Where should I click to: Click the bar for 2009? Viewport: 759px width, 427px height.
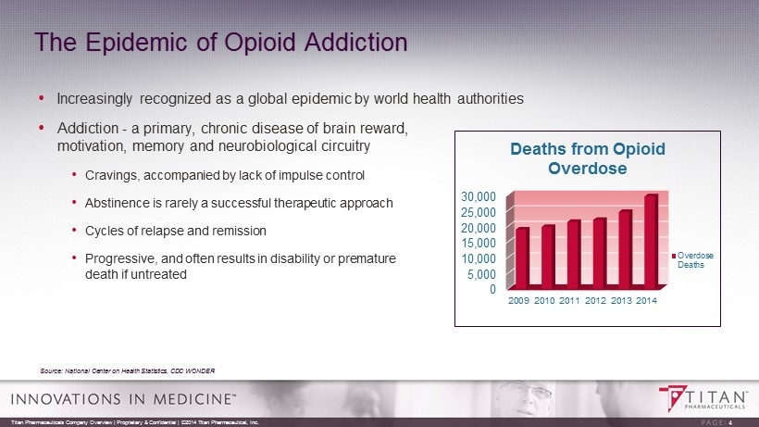522,257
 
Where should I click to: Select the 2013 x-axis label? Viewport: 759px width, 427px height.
623,303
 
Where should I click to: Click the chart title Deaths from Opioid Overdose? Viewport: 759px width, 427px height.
588,158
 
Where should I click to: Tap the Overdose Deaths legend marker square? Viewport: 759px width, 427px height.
673,254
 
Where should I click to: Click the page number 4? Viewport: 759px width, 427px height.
730,422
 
